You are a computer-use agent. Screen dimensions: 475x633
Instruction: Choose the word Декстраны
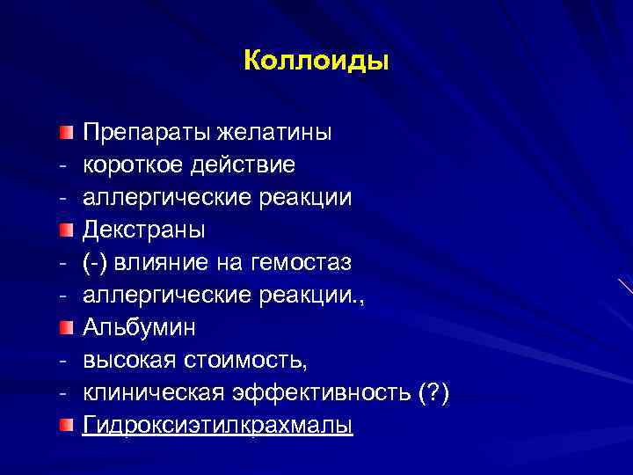coord(144,230)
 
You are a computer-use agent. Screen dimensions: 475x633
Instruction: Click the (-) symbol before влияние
coord(98,263)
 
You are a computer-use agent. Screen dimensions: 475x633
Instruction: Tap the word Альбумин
coord(140,328)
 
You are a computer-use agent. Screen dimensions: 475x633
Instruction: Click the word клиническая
coord(146,393)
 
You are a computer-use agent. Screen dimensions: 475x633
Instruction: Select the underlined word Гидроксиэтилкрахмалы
coord(217,426)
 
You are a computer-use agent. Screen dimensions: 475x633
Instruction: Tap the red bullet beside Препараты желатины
coord(67,133)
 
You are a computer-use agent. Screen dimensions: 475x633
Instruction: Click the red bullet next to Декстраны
coord(67,230)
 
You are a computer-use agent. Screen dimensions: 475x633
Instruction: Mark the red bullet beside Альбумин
coord(67,328)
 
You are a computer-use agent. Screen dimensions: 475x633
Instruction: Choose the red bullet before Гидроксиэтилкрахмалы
coord(67,426)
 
